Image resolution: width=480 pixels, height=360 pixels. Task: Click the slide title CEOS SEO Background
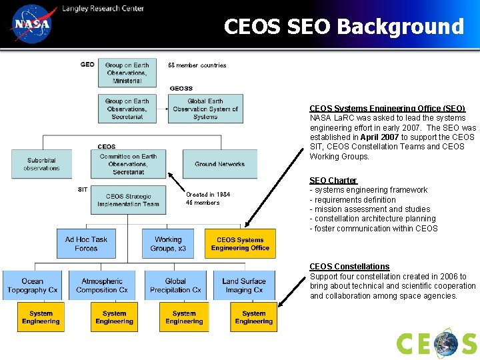coord(343,27)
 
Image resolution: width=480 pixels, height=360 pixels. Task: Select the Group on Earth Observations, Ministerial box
coord(127,73)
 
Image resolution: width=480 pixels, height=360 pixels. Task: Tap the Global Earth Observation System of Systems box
coord(205,109)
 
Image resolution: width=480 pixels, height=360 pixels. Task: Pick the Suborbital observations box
coord(41,164)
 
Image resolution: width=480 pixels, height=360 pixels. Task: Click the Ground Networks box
coord(219,164)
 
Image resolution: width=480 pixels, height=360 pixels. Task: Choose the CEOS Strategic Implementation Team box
coord(128,200)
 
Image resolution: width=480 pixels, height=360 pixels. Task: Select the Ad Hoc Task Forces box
coord(86,244)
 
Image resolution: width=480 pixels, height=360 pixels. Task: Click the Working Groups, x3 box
coord(167,244)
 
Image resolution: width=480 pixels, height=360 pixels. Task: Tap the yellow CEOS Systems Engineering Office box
coord(240,244)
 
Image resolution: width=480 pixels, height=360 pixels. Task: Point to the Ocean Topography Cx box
coord(32,285)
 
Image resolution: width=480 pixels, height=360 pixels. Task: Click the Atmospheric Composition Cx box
coord(101,285)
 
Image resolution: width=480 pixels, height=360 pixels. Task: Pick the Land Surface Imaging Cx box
coord(243,285)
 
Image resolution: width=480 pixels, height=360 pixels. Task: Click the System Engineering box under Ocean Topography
coord(41,317)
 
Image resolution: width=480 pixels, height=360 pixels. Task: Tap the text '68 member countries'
coord(197,65)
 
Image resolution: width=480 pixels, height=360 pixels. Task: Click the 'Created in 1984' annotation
coord(208,195)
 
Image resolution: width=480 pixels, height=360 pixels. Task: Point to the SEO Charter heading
coord(333,181)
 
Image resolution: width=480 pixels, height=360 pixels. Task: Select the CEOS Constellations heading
coord(349,267)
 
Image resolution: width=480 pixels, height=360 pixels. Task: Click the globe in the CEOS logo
coord(445,344)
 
